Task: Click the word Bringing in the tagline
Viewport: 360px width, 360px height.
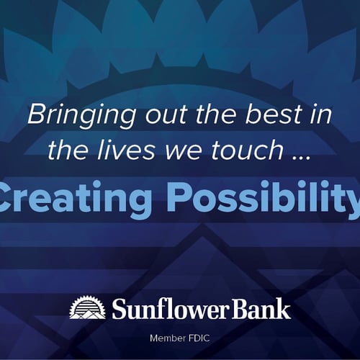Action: tap(81, 116)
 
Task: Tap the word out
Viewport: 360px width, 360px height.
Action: tap(166, 114)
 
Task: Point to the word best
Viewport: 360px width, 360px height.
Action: tap(273, 114)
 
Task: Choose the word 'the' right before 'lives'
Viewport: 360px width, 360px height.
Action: tap(68, 149)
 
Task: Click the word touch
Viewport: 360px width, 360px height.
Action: tap(247, 150)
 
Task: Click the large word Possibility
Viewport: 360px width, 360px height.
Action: tap(264, 199)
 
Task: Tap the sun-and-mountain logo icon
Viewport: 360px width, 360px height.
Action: tap(88, 308)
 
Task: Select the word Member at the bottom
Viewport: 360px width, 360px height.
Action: tap(168, 338)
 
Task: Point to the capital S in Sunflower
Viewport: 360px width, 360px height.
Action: tap(120, 309)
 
